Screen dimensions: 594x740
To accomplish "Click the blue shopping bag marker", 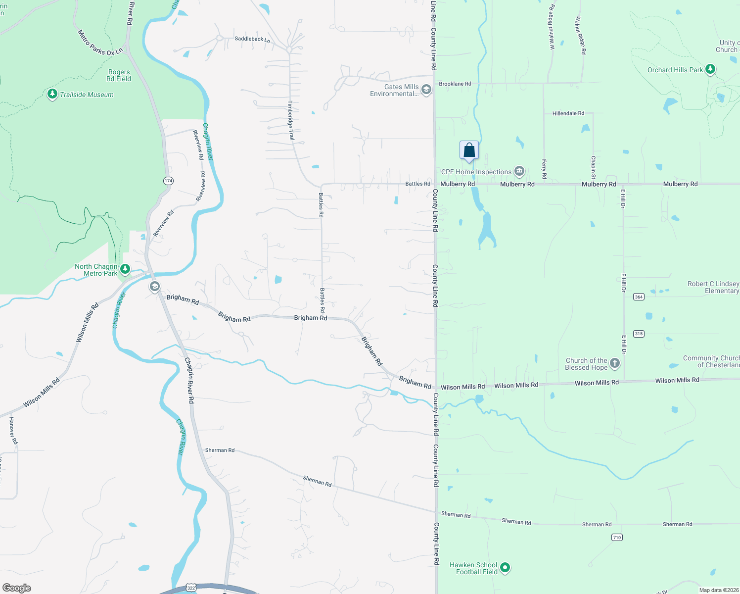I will point(469,150).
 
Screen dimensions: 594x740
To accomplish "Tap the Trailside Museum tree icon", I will point(52,94).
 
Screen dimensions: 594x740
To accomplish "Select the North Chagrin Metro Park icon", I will point(125,269).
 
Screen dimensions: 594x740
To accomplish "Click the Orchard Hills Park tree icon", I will point(710,69).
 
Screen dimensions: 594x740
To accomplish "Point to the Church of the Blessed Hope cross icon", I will point(614,363).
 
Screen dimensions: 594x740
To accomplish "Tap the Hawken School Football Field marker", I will point(505,568).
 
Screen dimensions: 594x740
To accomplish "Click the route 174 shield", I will point(168,181).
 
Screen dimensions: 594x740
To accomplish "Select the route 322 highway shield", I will point(191,588).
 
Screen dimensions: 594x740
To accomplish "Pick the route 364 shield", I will point(639,297).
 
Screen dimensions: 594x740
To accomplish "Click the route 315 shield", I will point(639,334).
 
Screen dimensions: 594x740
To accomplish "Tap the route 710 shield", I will point(617,537).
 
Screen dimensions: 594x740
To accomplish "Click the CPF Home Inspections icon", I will point(519,171).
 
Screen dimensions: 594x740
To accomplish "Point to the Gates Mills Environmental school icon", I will point(426,90).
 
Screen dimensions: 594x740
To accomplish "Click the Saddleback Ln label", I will point(252,39).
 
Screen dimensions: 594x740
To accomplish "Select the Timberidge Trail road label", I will point(291,120).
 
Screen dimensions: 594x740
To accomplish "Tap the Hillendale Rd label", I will point(568,113).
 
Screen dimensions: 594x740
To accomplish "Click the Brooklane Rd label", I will point(455,84).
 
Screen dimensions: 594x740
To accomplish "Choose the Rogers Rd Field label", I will point(119,75).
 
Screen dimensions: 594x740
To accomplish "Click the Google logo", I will point(17,588).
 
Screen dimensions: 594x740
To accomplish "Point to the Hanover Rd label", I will point(13,430).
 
